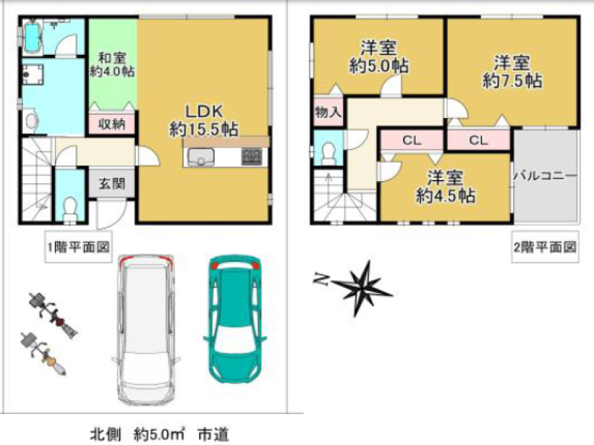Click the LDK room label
coord(203,120)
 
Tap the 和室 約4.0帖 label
coord(112,65)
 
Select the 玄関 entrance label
coord(112,184)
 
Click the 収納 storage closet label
coord(112,124)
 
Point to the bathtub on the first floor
coord(32,38)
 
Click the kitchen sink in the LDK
coord(200,157)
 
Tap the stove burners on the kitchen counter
coord(252,156)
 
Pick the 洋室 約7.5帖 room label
coord(512,71)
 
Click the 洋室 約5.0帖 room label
coord(379,57)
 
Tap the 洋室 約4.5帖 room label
coord(446,187)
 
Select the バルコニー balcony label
coord(546,176)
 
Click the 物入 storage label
coord(328,112)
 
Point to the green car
coord(235,319)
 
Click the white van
coord(146,329)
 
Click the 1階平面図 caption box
coord(79,246)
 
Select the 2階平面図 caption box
coord(545,246)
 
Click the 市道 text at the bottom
coord(213,435)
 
